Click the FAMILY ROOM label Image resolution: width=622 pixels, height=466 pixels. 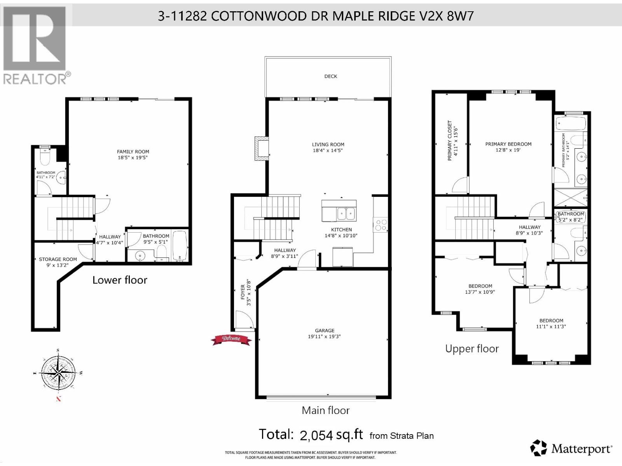133,152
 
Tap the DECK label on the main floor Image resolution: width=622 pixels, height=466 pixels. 330,77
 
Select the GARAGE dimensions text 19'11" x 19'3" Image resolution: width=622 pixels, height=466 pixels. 324,337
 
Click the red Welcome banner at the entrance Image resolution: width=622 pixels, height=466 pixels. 231,339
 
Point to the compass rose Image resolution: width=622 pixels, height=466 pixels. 58,373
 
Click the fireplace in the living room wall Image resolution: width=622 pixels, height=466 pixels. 261,148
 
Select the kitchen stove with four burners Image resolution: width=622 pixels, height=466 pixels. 381,225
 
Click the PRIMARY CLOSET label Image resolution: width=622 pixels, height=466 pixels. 450,140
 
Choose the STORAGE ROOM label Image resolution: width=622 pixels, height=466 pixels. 58,259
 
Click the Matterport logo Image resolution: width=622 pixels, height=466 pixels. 571,449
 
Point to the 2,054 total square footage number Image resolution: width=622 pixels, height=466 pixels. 316,435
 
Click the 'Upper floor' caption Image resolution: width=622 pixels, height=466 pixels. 472,349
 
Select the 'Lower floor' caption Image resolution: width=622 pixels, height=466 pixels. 120,280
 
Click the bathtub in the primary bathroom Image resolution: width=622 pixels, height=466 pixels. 571,124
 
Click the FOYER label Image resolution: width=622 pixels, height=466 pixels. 243,292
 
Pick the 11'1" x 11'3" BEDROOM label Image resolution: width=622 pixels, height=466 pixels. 551,323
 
